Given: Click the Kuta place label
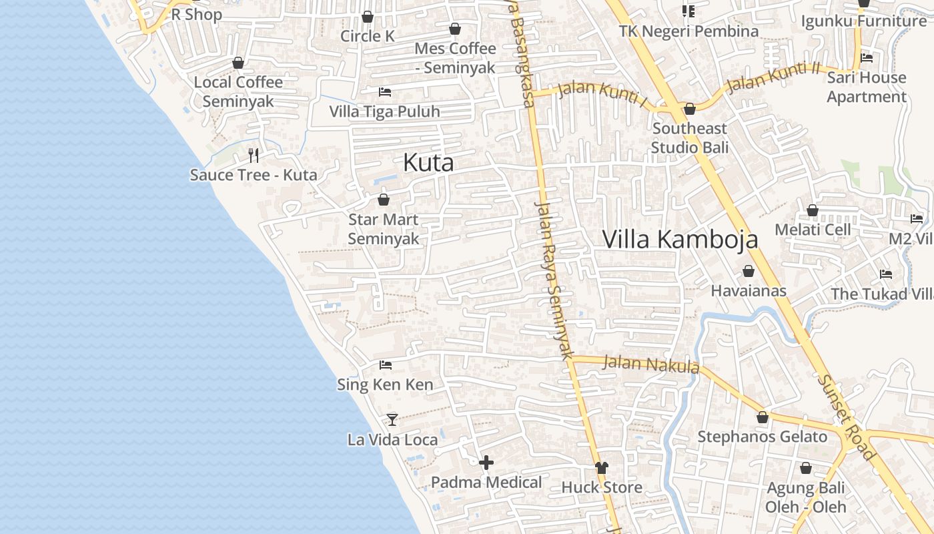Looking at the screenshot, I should click(x=428, y=163).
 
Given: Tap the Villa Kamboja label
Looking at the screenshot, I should click(x=680, y=239).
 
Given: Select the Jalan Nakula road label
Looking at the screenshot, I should click(x=650, y=364).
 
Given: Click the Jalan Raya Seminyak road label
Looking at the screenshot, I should click(x=554, y=280).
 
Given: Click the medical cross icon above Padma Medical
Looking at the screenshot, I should click(x=486, y=462).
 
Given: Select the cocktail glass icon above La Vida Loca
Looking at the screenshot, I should click(x=392, y=419).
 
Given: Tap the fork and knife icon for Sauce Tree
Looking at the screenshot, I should click(x=253, y=156).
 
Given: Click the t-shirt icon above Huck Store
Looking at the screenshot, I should click(x=602, y=467).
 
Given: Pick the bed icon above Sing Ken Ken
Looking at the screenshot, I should click(x=385, y=365).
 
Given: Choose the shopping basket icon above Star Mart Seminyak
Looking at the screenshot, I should click(x=384, y=200).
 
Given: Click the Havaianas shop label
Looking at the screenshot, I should click(x=749, y=291).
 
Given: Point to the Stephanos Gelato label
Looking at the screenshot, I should click(x=762, y=437).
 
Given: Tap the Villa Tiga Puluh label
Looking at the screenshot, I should click(x=385, y=111).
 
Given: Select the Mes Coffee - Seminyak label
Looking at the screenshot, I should click(x=455, y=58).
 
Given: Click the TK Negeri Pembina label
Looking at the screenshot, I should click(x=688, y=31).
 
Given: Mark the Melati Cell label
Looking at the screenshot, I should click(x=813, y=230).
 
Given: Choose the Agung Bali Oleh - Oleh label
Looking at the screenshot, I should click(x=805, y=497).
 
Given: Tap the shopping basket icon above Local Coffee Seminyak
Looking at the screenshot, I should click(x=238, y=63).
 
